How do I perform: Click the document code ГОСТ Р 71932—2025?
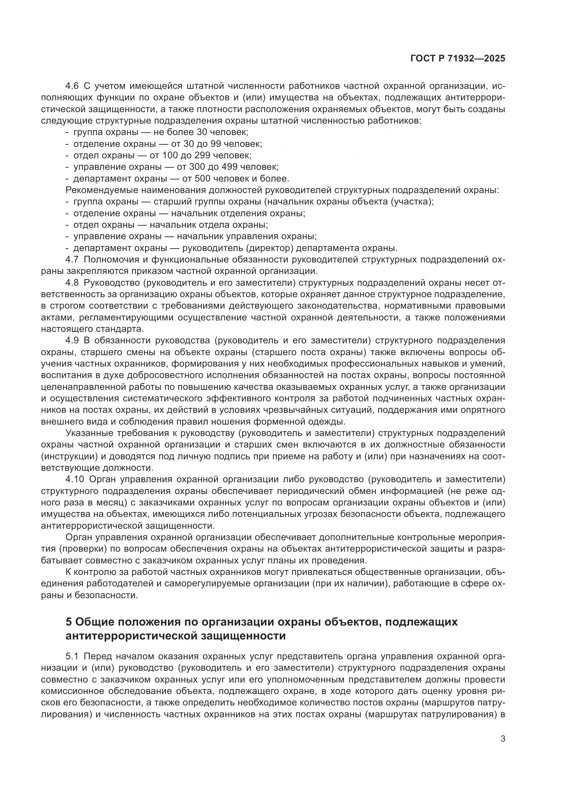[458, 59]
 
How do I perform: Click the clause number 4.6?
[72, 86]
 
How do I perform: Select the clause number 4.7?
[72, 260]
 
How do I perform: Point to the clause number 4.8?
[72, 283]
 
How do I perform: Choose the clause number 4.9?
[72, 341]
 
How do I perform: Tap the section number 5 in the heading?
[69, 621]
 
